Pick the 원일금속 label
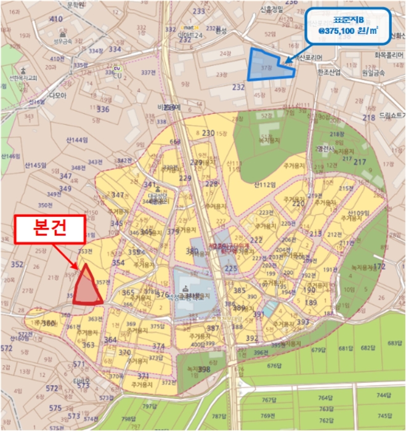click(373, 72)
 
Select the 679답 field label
click(318, 350)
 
